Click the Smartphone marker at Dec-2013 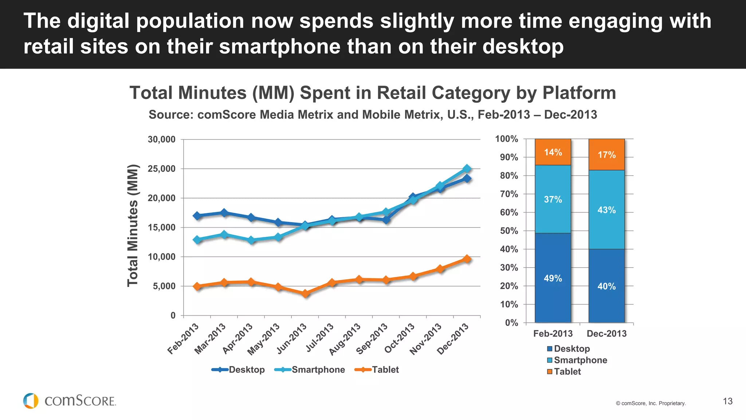coord(467,168)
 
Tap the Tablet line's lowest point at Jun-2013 coord(305,293)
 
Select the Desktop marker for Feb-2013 coord(197,215)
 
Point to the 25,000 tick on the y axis coord(161,169)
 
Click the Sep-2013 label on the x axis coord(372,339)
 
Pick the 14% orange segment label coord(553,152)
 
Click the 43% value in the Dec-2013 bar coord(606,210)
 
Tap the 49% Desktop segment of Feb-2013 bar coord(553,278)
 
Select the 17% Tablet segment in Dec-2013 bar coord(606,155)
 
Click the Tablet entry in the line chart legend coord(385,370)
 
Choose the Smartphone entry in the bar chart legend coord(580,360)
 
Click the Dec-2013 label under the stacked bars coord(606,334)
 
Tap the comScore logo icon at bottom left coord(31,401)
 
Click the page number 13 coord(727,401)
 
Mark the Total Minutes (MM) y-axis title coord(133,226)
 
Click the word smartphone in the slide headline coord(279,47)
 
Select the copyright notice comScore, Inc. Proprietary coord(651,403)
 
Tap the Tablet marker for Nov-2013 coord(440,269)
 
